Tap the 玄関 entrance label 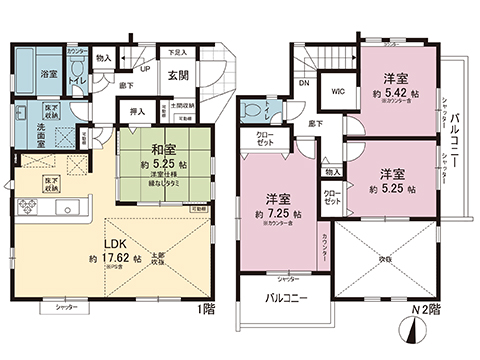click(x=178, y=75)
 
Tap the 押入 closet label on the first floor click(x=139, y=113)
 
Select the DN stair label click(x=303, y=84)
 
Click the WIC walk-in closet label click(x=338, y=94)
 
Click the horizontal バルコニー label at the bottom click(x=286, y=298)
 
